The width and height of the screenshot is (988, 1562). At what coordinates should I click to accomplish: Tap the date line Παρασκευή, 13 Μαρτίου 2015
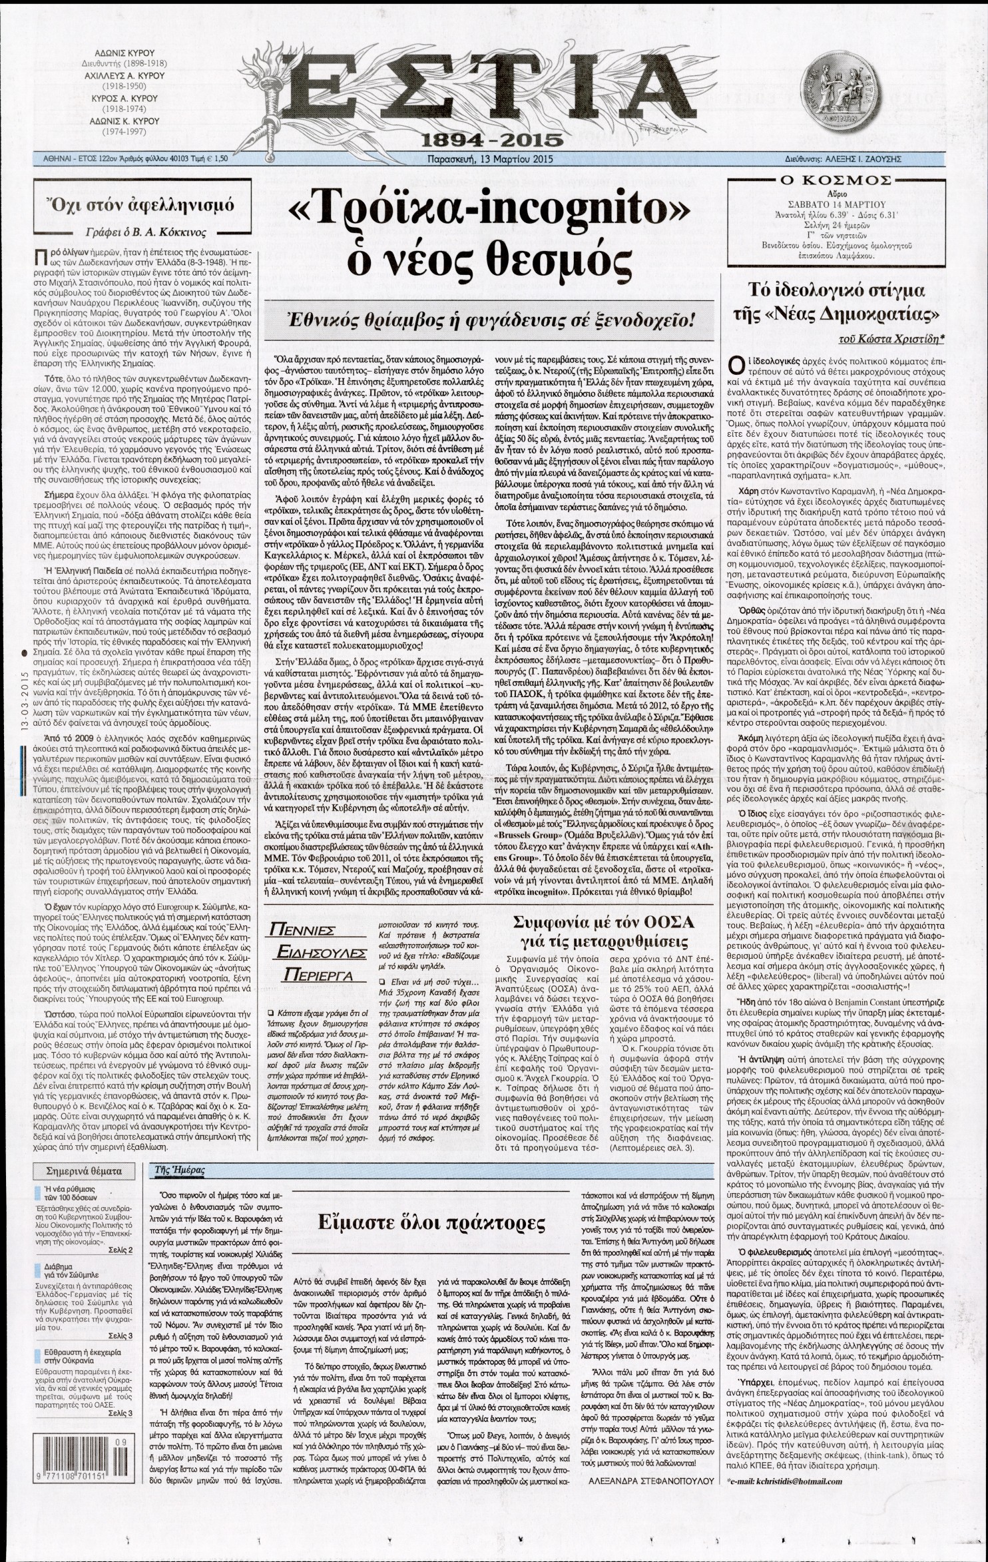coord(493,160)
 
